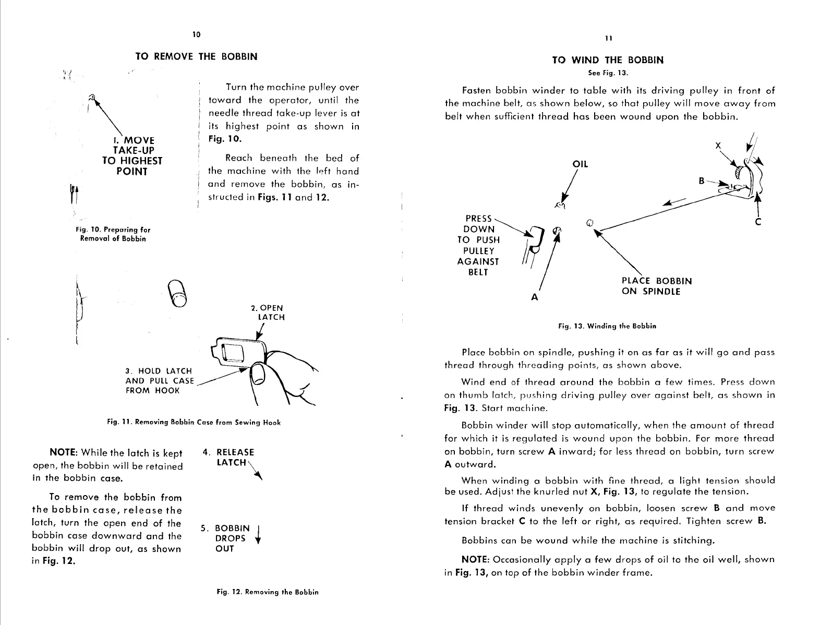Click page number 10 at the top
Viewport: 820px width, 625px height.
coord(196,34)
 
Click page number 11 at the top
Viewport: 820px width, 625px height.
coord(608,38)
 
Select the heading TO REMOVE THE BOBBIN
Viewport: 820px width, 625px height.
coord(196,56)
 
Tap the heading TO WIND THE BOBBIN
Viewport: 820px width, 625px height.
coord(608,60)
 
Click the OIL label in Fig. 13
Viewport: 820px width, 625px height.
coord(580,164)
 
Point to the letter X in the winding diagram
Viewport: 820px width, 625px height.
coord(718,146)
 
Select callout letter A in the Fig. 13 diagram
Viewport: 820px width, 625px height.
coord(534,297)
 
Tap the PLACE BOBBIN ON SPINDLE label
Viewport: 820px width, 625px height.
coord(656,286)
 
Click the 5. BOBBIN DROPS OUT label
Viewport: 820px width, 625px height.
coord(230,538)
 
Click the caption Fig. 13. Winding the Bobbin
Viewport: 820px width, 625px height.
coord(607,326)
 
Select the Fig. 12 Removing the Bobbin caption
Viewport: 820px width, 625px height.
coord(268,592)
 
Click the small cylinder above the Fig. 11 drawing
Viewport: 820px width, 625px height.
coord(177,293)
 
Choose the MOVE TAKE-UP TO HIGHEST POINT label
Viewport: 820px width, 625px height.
coord(132,155)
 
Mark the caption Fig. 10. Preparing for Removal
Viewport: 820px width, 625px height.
coord(113,234)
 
